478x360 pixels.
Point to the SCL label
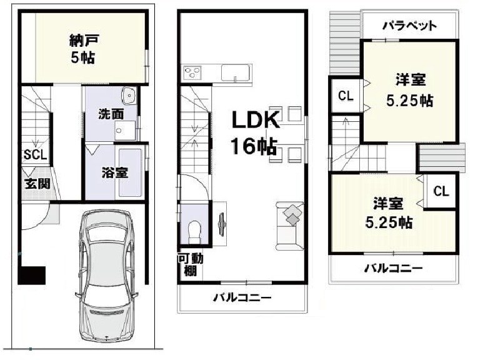pos(35,155)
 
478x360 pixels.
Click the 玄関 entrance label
pos(35,184)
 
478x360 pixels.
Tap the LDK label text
pos(256,120)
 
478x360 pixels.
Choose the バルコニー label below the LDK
pos(241,297)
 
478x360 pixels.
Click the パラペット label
pos(409,26)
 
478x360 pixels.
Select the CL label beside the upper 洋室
pos(346,96)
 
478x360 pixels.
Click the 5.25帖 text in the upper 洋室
pos(411,101)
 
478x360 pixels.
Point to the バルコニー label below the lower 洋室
pos(393,269)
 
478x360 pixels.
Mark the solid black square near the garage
pos(32,276)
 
